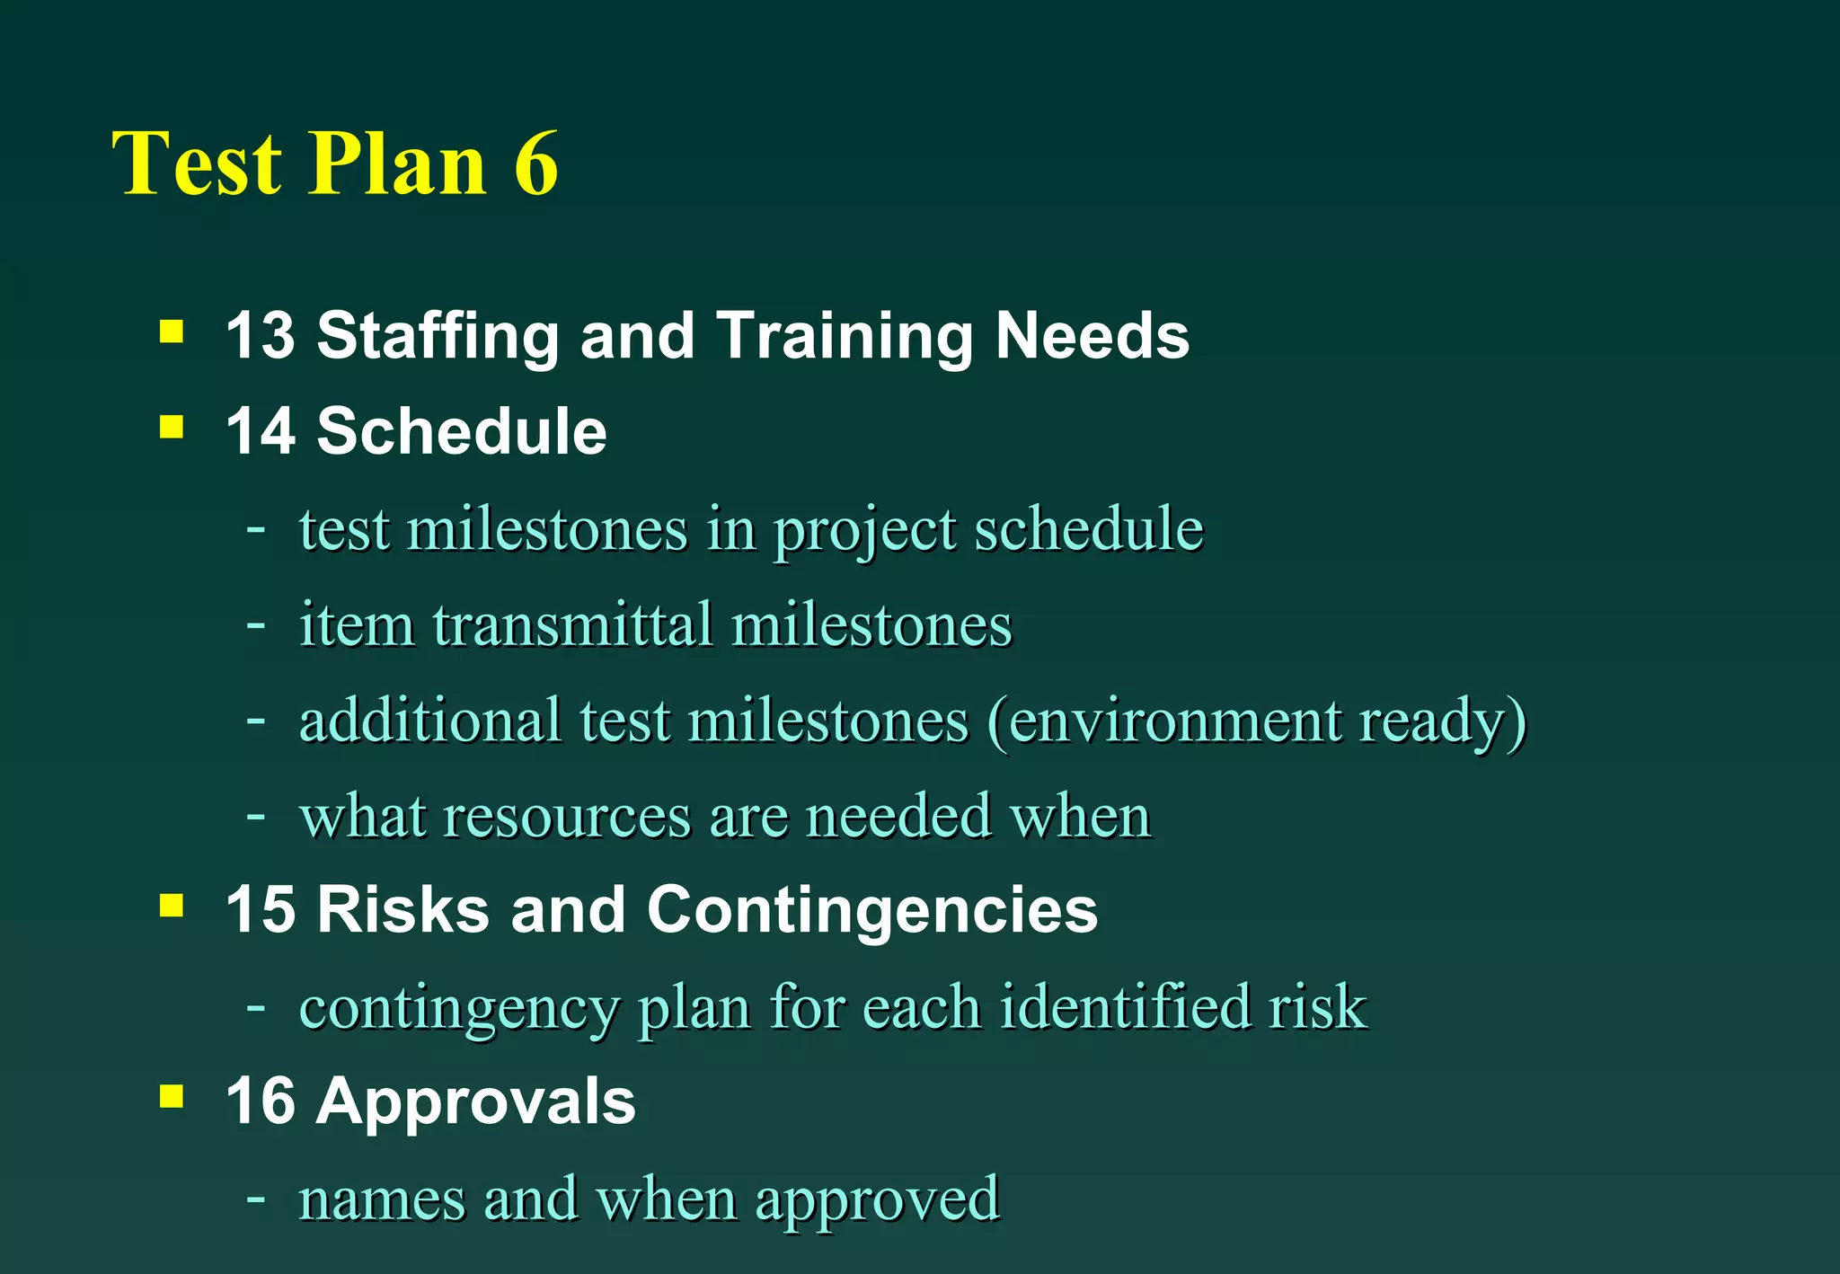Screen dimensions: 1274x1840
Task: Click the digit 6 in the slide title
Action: (x=536, y=164)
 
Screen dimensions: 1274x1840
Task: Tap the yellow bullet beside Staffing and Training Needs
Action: (x=172, y=332)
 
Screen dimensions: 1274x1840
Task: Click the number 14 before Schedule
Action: (x=260, y=431)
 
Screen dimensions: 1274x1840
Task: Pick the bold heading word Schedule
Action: (x=462, y=431)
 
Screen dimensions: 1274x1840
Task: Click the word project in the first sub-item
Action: (x=864, y=530)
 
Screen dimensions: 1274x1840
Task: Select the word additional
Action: (x=429, y=721)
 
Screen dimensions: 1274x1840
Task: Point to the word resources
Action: (x=567, y=817)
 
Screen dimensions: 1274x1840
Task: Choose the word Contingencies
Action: (x=871, y=910)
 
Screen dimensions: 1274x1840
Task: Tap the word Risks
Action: (x=403, y=910)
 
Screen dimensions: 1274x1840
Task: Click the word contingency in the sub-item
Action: (x=459, y=1008)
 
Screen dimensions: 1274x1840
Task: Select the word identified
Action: (x=1124, y=1006)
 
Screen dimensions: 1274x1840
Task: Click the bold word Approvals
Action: (x=475, y=1101)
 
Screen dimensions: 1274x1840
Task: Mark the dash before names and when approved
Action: (x=256, y=1198)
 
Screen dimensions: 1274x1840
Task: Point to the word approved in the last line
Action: (x=877, y=1200)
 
